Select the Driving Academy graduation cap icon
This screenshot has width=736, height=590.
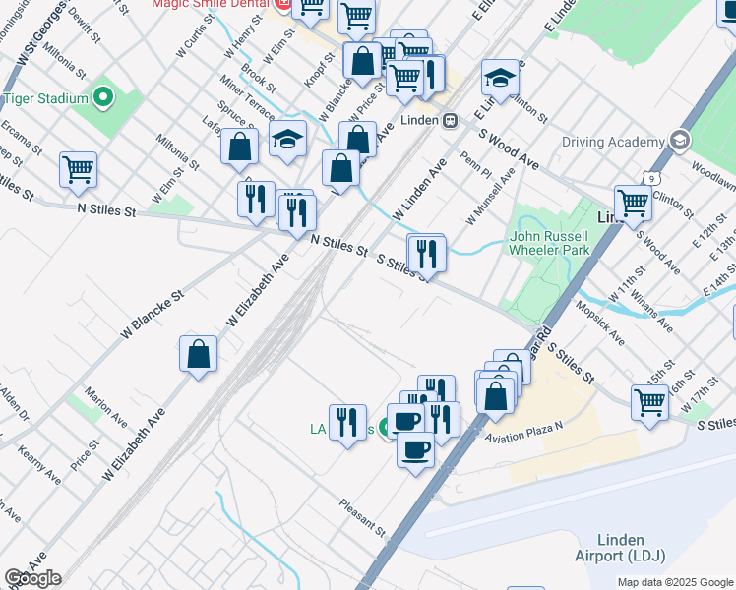point(679,141)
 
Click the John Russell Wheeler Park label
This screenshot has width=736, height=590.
point(549,243)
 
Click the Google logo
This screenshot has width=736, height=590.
point(32,578)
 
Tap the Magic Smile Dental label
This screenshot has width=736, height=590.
point(210,5)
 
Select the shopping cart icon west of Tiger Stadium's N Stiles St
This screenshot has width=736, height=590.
point(78,168)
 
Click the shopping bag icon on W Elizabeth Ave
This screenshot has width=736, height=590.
point(199,354)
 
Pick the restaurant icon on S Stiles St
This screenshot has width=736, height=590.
point(427,254)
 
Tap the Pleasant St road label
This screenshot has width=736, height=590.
point(363,516)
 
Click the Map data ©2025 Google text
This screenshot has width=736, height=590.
point(675,582)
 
